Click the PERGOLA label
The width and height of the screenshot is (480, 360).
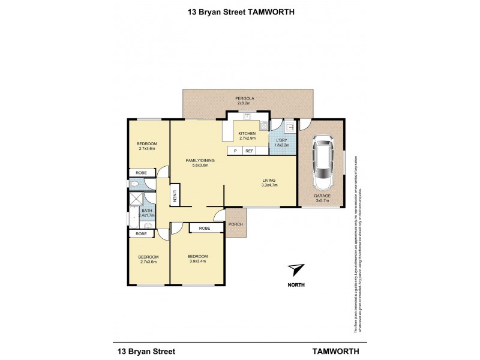(243, 97)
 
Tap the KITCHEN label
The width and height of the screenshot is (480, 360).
(247, 133)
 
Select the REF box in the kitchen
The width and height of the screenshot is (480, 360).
(249, 151)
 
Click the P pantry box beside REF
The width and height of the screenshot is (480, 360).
(235, 151)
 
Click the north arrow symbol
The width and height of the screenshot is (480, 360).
(295, 269)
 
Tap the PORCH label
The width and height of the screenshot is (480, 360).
(235, 224)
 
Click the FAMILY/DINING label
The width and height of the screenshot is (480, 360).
(200, 161)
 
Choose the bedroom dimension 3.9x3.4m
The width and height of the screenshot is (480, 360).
(197, 261)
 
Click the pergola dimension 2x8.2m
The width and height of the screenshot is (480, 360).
(243, 103)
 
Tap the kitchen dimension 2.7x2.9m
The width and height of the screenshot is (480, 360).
(247, 139)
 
